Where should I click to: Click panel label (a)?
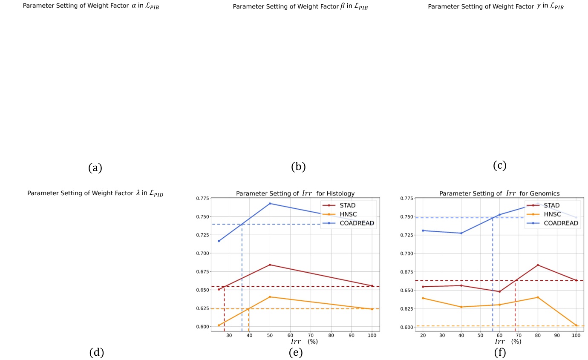[x=95, y=168]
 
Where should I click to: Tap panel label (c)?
[x=499, y=165]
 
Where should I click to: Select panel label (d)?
[x=97, y=352]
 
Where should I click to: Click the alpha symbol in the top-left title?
[x=133, y=6]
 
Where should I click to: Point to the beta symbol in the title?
[x=343, y=7]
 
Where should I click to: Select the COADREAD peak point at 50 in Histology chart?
[x=270, y=203]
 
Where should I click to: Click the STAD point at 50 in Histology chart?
[x=270, y=265]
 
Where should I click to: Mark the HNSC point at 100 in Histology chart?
[x=372, y=309]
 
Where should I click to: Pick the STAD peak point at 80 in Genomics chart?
[x=538, y=265]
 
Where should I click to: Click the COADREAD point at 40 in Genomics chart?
[x=461, y=233]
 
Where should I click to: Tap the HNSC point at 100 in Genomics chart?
[x=576, y=325]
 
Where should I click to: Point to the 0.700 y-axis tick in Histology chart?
[x=202, y=253]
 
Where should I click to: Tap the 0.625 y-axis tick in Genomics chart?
[x=407, y=308]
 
